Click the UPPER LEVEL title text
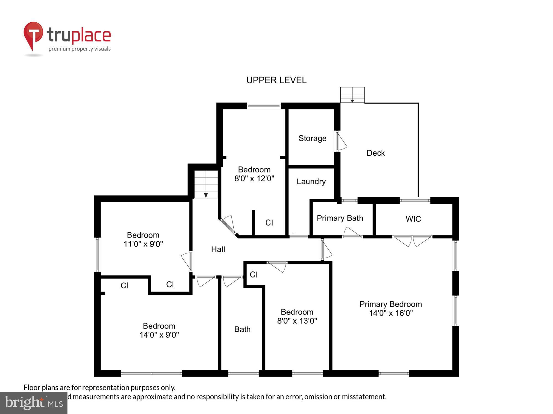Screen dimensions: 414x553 point(276,80)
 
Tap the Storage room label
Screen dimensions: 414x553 point(312,138)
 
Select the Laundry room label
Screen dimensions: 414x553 point(311,181)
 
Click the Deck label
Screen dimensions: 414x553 point(375,153)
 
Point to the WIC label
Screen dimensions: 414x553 point(413,219)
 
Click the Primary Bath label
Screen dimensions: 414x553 point(340,218)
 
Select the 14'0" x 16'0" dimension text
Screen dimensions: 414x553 point(391,313)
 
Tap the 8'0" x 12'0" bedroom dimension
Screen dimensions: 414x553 point(254,179)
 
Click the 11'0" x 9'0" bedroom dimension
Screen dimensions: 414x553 point(143,244)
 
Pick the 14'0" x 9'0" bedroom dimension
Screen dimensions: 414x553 point(159,335)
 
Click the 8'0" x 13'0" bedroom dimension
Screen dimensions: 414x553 point(297,321)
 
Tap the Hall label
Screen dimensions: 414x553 point(218,249)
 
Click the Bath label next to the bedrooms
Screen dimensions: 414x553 point(242,329)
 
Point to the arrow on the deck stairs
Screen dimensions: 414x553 point(352,101)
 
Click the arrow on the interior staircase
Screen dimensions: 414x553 point(206,195)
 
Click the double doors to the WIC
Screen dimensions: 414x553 point(412,241)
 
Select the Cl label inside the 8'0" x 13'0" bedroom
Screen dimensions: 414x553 point(253,275)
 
